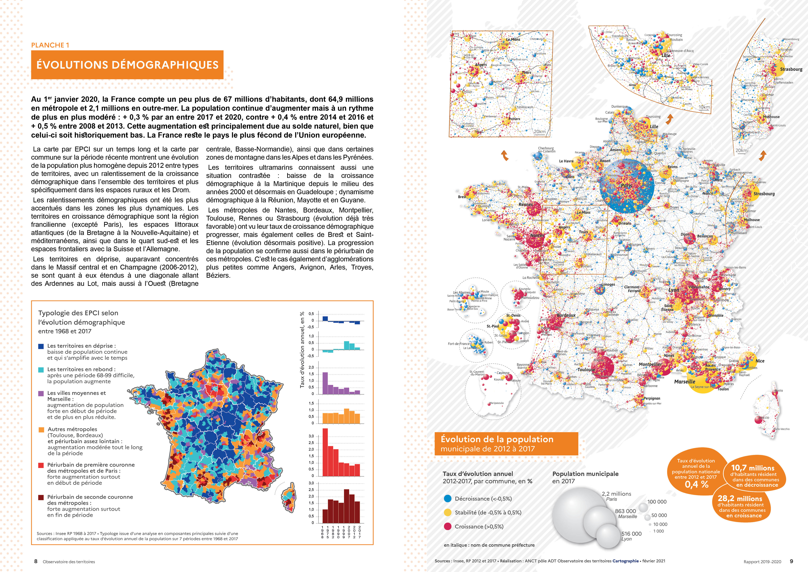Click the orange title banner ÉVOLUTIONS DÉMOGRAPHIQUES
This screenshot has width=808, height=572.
coord(127,65)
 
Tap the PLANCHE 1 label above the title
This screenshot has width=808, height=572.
coord(50,45)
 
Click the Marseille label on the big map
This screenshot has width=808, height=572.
coord(685,381)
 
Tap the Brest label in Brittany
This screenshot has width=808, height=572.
coord(462,197)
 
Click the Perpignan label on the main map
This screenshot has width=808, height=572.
coord(652,398)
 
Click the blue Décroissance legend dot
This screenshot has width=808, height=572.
coord(448,498)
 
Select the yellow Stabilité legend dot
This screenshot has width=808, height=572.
coord(448,512)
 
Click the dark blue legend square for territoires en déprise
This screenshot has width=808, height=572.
coord(41,346)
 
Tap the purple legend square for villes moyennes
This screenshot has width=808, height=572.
coord(41,393)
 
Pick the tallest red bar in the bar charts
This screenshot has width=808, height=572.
coord(325,452)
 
